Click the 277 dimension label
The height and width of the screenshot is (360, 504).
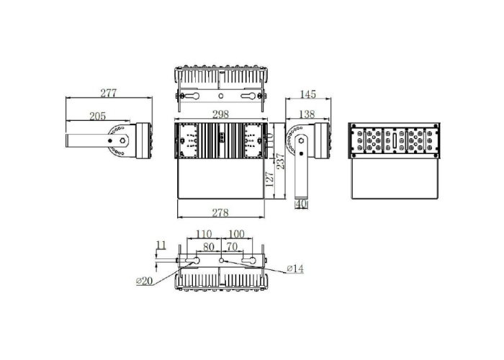point(109,93)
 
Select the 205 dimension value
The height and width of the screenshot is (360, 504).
point(98,116)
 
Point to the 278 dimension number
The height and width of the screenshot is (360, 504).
point(220,212)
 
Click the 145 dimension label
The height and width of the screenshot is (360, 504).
point(308,94)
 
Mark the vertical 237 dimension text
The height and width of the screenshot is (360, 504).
point(280,163)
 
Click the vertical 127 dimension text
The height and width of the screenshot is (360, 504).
point(269,179)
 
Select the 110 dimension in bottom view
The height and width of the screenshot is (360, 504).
point(204,235)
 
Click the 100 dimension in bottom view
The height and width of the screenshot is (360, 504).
point(236,235)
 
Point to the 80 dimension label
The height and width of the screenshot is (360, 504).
point(208,246)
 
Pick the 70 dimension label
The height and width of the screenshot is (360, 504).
point(232,246)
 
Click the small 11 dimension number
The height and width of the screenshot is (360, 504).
point(161,246)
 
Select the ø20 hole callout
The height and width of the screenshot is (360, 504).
point(144,281)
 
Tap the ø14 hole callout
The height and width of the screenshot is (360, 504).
point(295,269)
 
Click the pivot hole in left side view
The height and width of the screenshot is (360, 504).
point(123,140)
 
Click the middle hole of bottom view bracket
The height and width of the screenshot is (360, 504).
point(221,260)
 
